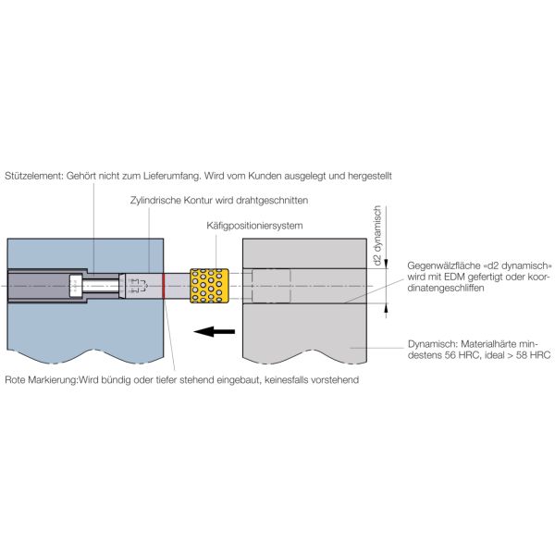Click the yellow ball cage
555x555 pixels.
point(209,286)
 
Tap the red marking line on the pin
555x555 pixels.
point(164,286)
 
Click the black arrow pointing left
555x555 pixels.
point(215,332)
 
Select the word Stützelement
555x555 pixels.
point(34,176)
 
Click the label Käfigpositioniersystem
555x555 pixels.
point(254,226)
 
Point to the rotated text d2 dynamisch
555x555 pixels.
point(377,235)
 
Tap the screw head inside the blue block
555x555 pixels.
point(76,286)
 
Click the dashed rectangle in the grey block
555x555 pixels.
point(271,286)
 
